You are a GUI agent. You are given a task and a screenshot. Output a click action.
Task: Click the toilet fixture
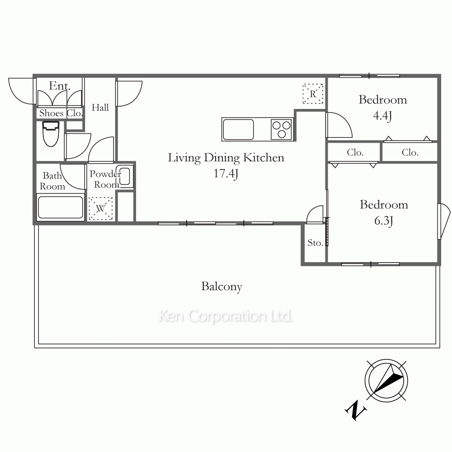(x=51, y=134)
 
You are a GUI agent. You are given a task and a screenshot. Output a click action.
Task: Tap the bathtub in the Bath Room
(x=61, y=207)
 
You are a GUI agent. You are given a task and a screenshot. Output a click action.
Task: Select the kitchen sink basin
(x=238, y=129)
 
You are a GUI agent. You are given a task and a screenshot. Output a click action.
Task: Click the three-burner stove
(x=282, y=129)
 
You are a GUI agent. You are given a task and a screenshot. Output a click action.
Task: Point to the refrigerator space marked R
(x=313, y=94)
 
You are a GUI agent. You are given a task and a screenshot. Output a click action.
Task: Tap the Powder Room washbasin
(x=125, y=176)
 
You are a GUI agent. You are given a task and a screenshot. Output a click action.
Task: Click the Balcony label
(x=221, y=287)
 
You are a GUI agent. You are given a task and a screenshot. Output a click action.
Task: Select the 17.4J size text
(x=226, y=174)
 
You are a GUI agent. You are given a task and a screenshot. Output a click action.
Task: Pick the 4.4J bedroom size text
(x=382, y=116)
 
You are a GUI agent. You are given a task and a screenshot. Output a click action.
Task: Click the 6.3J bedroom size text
(x=384, y=221)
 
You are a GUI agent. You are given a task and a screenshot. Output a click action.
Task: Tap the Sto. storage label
(x=315, y=243)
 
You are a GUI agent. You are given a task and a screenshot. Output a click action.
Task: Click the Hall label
(x=100, y=108)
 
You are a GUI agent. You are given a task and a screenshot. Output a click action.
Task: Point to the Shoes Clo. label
(x=61, y=113)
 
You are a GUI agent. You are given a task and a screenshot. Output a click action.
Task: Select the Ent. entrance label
(x=59, y=85)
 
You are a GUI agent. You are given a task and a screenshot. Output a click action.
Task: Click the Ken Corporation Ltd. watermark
(x=226, y=316)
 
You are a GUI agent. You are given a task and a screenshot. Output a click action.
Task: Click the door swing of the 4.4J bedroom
(x=339, y=125)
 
